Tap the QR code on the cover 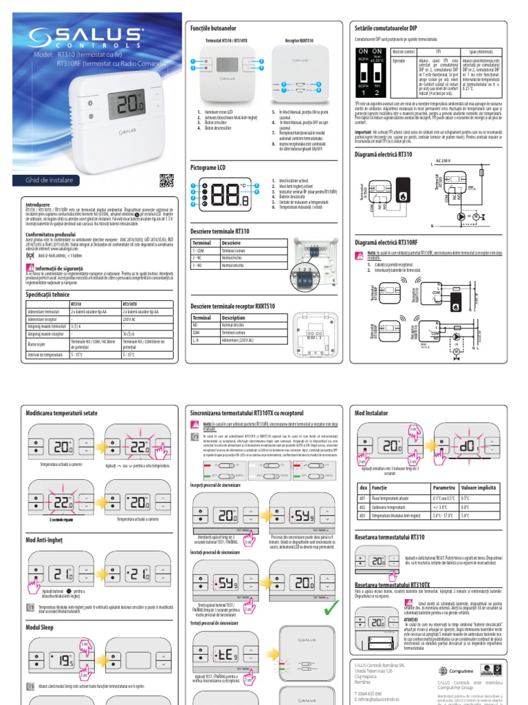click(x=166, y=180)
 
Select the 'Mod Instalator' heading click(x=372, y=412)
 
